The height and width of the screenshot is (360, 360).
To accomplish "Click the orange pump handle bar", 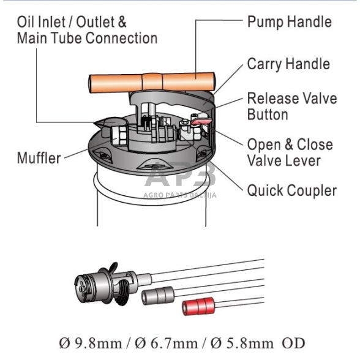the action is coord(152,82).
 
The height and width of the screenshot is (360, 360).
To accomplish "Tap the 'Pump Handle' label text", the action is coord(289,22).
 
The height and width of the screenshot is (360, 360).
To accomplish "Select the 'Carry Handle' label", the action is coord(288,64).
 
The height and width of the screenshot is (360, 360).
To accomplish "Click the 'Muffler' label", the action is coord(39,158).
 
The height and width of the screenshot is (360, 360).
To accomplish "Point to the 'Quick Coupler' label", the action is coord(292,190).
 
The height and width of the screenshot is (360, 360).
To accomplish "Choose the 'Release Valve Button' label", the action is coord(292,107).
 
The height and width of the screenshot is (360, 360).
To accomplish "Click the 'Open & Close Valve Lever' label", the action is coord(290,152).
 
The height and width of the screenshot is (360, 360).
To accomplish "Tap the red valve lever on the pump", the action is coord(200,121).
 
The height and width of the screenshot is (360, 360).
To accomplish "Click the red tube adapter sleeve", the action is coord(198,306).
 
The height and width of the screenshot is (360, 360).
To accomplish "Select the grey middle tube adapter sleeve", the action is coord(158,296).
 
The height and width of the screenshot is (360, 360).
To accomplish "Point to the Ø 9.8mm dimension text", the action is coord(91,343).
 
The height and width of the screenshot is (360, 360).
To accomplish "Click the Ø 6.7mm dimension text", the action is coord(167,343).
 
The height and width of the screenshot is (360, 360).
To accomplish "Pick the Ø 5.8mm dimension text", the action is coord(242,343).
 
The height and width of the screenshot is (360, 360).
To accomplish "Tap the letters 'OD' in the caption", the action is coord(293,343).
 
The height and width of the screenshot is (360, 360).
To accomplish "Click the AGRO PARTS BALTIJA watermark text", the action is coord(180,195).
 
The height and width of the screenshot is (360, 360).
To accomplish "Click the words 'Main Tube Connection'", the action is coord(87,38).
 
